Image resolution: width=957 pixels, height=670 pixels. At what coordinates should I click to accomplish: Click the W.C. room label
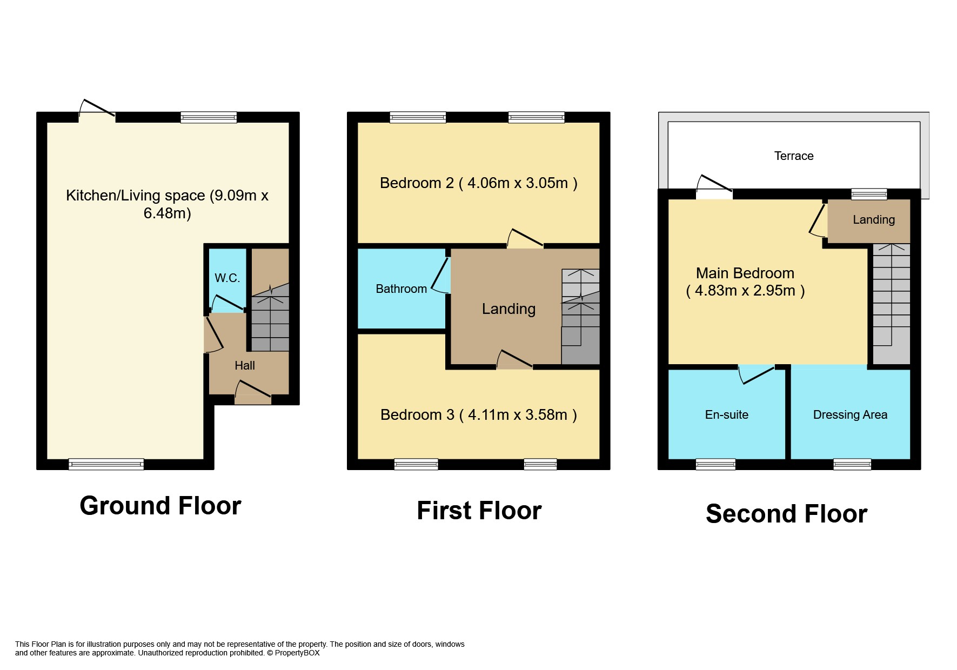227,278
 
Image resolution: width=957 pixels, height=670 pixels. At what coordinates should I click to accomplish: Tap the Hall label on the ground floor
245,366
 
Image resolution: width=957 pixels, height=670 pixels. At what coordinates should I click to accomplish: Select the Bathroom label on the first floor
401,289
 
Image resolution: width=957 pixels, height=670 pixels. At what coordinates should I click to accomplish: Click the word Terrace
794,156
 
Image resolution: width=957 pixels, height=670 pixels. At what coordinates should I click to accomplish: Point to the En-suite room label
727,415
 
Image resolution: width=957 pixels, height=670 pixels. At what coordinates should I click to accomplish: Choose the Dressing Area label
850,415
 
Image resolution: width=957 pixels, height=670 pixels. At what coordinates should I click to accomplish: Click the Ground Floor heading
160,506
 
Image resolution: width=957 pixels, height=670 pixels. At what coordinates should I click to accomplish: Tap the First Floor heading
479,511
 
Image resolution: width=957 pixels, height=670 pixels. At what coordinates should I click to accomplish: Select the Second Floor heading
787,514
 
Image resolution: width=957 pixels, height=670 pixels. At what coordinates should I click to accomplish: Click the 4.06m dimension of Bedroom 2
488,183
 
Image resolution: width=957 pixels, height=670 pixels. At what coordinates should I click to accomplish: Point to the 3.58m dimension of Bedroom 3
546,415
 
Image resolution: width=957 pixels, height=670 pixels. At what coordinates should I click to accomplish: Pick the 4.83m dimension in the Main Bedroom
716,291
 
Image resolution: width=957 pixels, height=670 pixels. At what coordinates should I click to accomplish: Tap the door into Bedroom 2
525,239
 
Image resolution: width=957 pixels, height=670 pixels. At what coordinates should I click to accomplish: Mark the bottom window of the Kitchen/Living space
106,464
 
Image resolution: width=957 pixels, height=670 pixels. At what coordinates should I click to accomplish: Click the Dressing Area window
852,464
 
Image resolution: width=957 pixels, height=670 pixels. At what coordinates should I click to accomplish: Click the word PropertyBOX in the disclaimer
297,653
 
